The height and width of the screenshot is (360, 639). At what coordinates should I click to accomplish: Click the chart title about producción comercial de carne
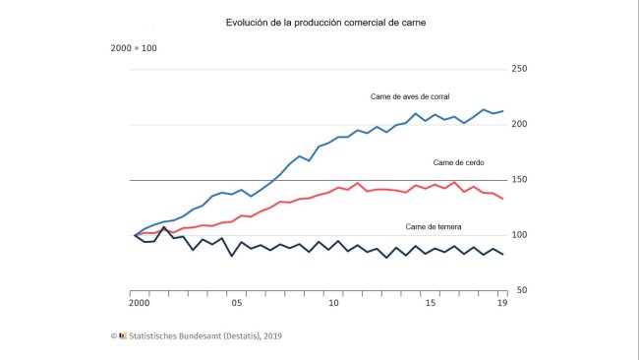coord(319,22)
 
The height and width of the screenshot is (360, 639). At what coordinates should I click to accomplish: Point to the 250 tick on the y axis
coord(521,69)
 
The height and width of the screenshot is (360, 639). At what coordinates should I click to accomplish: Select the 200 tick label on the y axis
coord(521,124)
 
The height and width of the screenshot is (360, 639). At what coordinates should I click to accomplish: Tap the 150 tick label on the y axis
coord(521,180)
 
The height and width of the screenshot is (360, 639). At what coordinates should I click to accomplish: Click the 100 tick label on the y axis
coord(521,235)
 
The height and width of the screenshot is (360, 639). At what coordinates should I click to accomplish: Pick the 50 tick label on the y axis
coord(521,290)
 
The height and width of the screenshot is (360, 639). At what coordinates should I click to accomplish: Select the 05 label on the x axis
coord(236,304)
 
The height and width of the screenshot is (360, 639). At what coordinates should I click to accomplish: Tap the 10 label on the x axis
coord(333,304)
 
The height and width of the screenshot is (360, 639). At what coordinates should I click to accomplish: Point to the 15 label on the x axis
coord(431,304)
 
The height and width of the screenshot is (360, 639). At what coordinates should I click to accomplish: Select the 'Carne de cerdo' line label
coord(458,162)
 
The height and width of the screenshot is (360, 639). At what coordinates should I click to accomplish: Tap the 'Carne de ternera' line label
coord(434,227)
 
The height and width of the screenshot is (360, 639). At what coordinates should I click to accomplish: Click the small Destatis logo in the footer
coord(123,335)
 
